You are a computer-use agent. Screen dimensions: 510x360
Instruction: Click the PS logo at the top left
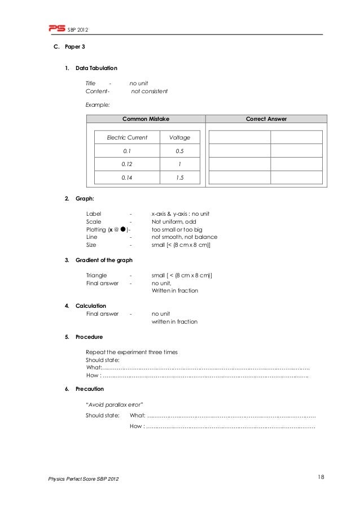tap(56, 28)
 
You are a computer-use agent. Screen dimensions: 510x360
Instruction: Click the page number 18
tap(321, 478)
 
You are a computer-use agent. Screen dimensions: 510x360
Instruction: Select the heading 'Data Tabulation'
tap(96, 68)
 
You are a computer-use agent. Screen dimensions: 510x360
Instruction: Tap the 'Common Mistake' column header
tap(146, 119)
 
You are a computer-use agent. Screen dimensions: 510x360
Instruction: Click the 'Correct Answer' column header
tap(266, 119)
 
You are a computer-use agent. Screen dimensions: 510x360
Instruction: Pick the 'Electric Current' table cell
tap(127, 137)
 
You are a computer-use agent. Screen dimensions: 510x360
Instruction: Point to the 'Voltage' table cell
tap(179, 137)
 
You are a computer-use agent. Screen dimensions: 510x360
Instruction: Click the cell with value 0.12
tap(127, 164)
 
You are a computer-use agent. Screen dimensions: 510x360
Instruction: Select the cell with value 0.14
tap(127, 178)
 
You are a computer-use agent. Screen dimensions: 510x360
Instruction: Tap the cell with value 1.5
tap(179, 178)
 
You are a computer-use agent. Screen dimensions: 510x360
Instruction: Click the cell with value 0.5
tap(179, 151)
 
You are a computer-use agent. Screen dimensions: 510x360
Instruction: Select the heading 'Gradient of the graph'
tap(104, 260)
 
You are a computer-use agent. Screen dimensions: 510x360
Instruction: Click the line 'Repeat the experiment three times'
tap(131, 352)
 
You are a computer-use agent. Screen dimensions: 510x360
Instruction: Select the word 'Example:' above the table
tap(97, 104)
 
